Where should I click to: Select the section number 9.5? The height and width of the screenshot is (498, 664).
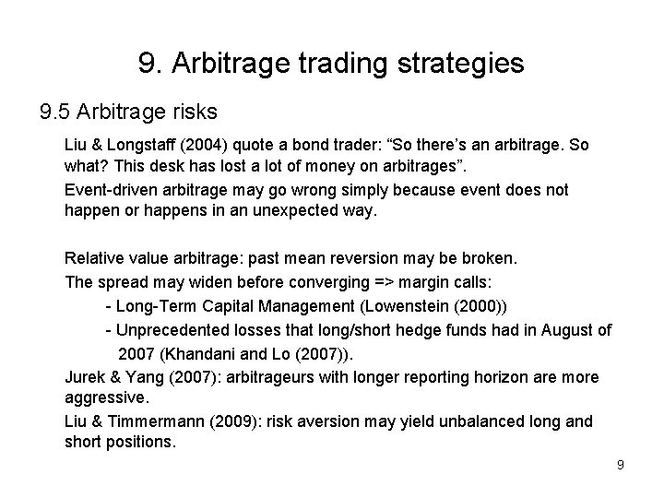pyautogui.click(x=56, y=113)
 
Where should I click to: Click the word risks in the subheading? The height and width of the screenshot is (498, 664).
pyautogui.click(x=190, y=113)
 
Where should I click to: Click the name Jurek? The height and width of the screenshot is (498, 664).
pyautogui.click(x=85, y=377)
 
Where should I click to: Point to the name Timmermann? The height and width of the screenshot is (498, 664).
pyautogui.click(x=157, y=421)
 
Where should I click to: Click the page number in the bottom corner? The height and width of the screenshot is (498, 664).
pyautogui.click(x=621, y=465)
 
